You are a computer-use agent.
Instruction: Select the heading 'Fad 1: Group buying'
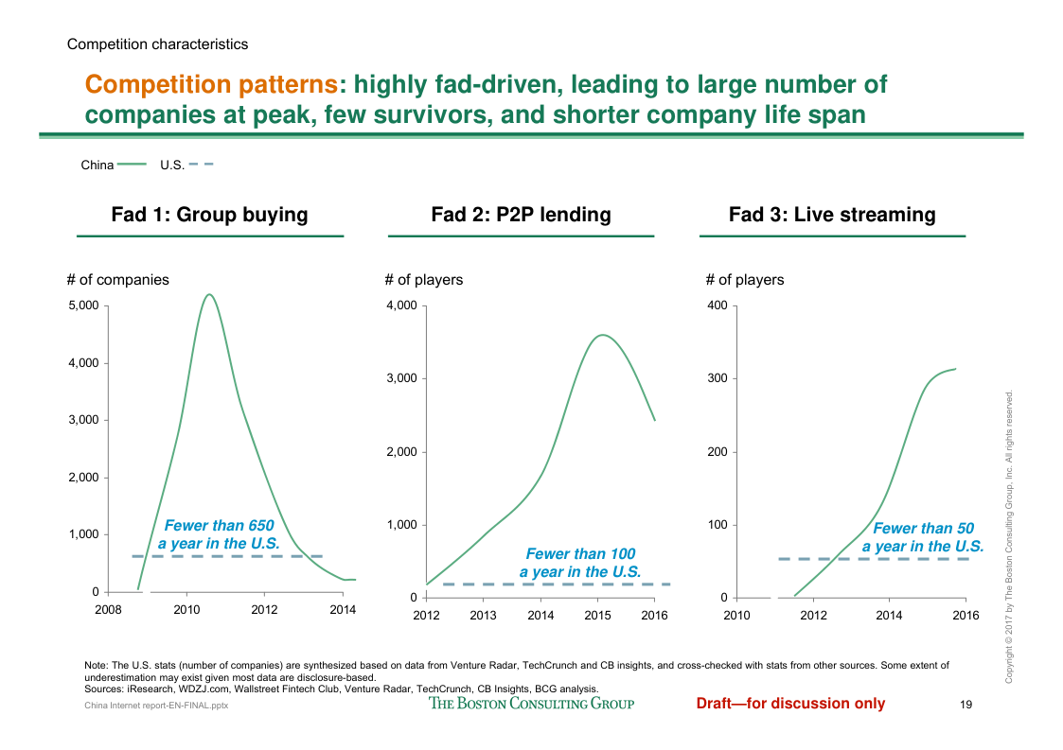pyautogui.click(x=209, y=215)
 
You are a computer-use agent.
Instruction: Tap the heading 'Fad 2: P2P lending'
pyautogui.click(x=521, y=215)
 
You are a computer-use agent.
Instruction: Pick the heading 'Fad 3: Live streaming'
pyautogui.click(x=832, y=215)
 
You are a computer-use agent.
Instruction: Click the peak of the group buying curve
pyautogui.click(x=209, y=294)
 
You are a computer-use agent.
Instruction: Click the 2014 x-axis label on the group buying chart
pyautogui.click(x=343, y=610)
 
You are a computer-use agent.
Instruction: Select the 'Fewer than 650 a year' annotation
pyautogui.click(x=219, y=535)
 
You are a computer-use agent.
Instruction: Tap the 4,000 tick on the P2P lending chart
pyautogui.click(x=401, y=305)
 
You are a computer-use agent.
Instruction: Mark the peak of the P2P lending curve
pyautogui.click(x=602, y=335)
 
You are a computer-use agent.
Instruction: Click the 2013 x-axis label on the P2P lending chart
pyautogui.click(x=483, y=616)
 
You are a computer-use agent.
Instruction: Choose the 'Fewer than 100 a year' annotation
pyautogui.click(x=580, y=563)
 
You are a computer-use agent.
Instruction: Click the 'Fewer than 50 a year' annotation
pyautogui.click(x=923, y=537)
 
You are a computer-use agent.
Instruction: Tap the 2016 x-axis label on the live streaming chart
pyautogui.click(x=966, y=616)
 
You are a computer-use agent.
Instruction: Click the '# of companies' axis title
pyautogui.click(x=118, y=280)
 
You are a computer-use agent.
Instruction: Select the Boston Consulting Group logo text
pyautogui.click(x=531, y=703)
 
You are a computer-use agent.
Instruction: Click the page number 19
pyautogui.click(x=966, y=705)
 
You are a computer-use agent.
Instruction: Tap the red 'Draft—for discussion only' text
pyautogui.click(x=790, y=703)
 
